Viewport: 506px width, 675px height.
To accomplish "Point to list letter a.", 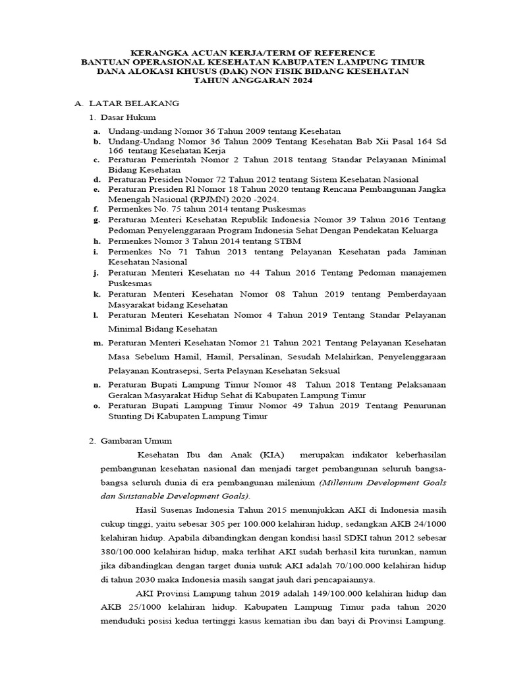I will click(x=96, y=132).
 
